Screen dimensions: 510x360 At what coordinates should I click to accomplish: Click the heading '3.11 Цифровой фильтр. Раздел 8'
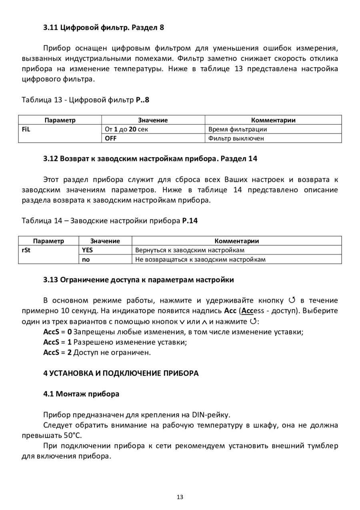click(104, 28)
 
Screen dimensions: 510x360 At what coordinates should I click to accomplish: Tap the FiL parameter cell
click(60, 129)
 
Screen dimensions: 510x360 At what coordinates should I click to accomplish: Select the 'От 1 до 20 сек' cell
click(153, 129)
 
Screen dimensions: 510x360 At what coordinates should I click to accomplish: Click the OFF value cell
click(153, 139)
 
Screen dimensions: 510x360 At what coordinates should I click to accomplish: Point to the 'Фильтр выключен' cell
click(273, 139)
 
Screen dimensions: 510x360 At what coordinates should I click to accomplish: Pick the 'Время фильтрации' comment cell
click(273, 129)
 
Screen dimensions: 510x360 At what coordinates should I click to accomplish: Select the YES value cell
click(105, 250)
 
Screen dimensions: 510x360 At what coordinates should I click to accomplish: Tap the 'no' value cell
click(105, 259)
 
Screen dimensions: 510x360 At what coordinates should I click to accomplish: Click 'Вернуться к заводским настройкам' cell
click(237, 250)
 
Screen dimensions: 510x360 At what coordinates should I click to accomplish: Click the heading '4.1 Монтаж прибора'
click(81, 394)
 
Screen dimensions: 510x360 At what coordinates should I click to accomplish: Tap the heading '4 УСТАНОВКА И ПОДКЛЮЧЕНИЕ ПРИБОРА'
click(121, 373)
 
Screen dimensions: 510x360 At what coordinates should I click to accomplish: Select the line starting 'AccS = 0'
click(173, 332)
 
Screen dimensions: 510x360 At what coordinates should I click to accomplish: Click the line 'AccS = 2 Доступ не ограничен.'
click(97, 353)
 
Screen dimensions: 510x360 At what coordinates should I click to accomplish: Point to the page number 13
click(180, 497)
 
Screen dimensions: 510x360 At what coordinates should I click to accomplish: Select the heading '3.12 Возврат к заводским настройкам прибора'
click(150, 159)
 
